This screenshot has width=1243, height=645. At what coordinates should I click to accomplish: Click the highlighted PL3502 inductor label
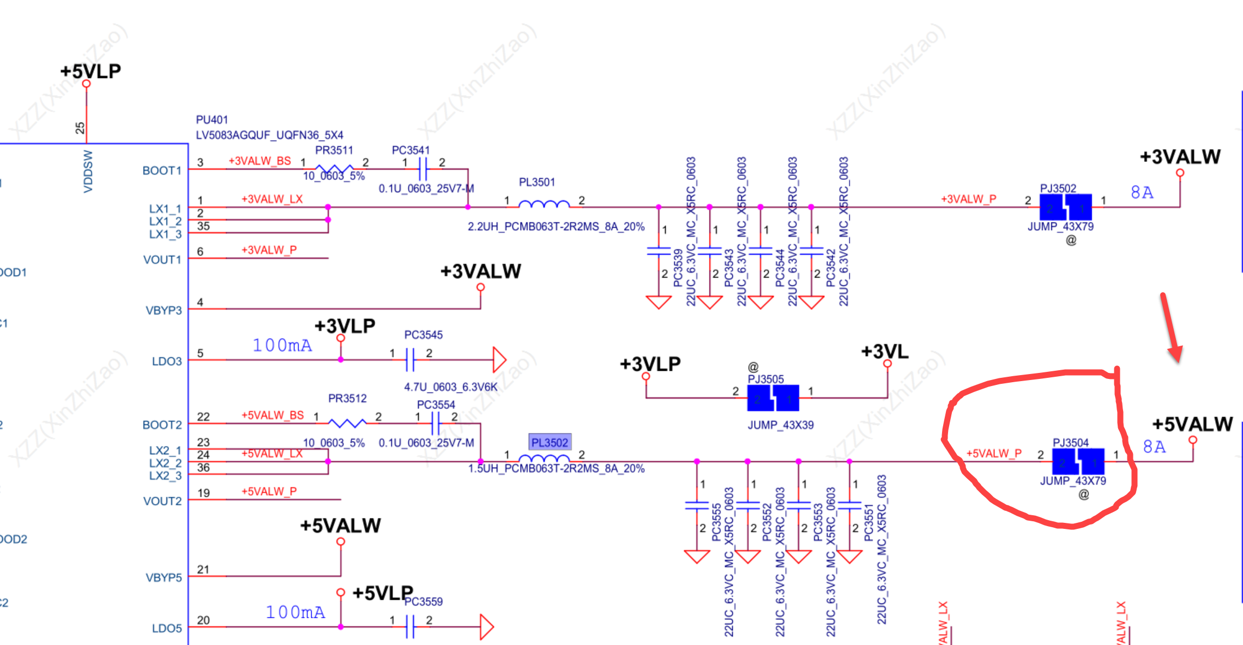coord(550,443)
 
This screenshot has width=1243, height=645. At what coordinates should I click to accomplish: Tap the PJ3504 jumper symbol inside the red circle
coord(1078,461)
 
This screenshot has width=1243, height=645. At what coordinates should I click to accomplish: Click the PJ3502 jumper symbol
coord(1065,207)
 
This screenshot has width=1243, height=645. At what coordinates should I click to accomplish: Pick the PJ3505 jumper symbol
coord(773,397)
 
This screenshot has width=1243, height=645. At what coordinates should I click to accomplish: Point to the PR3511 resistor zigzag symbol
coord(334,168)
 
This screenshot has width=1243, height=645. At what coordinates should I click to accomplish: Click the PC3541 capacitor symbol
coord(423,168)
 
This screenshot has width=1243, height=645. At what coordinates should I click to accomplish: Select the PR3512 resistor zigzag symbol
coord(347,423)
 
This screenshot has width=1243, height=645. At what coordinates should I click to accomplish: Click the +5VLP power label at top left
coord(90,71)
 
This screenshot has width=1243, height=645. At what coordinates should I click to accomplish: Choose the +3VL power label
coord(885,352)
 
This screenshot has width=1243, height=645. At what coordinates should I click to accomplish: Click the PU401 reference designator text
coord(212,120)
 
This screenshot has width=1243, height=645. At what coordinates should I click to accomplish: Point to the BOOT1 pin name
coord(162,171)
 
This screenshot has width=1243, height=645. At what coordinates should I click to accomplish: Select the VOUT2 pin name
coord(162,501)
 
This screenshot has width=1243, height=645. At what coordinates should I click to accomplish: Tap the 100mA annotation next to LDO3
coord(282,346)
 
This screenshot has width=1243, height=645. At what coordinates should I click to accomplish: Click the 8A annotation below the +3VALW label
coord(1142,192)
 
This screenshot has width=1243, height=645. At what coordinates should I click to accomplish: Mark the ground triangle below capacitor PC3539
coord(659,302)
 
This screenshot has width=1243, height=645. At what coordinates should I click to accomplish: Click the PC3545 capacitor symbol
coord(410,360)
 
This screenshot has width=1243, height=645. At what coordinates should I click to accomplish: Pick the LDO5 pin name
coord(167,628)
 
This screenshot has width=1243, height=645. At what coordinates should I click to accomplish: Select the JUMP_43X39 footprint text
coord(781,425)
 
